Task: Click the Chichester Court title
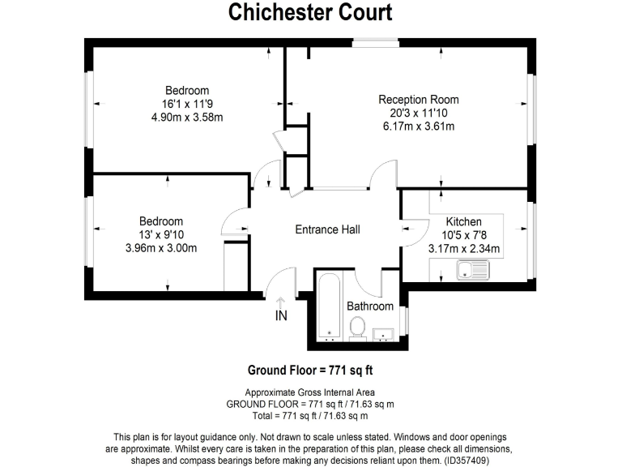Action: [310, 12]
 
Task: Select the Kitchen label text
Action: [464, 221]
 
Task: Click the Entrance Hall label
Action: [327, 229]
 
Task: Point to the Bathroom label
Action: [370, 306]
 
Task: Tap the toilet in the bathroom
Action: [357, 327]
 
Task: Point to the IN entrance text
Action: [281, 316]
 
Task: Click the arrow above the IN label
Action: [281, 302]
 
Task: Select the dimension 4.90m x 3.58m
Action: [187, 117]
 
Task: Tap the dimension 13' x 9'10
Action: [161, 234]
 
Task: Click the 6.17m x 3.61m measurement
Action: [418, 126]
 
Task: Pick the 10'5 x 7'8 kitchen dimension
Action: [464, 235]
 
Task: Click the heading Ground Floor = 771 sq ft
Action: [309, 371]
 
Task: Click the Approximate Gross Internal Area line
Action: [309, 392]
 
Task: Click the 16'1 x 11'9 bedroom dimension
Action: [187, 104]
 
